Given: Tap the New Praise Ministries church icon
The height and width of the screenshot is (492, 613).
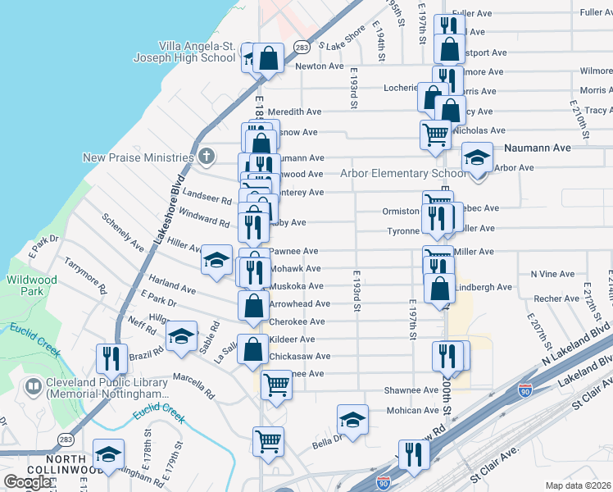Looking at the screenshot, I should tap(207, 156).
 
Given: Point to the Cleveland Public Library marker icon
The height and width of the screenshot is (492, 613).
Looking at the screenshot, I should tap(34, 385).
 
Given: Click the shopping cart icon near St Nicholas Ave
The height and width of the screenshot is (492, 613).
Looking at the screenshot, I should tap(435, 133).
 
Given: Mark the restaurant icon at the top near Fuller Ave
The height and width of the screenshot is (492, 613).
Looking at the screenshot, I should tap(447, 26).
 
